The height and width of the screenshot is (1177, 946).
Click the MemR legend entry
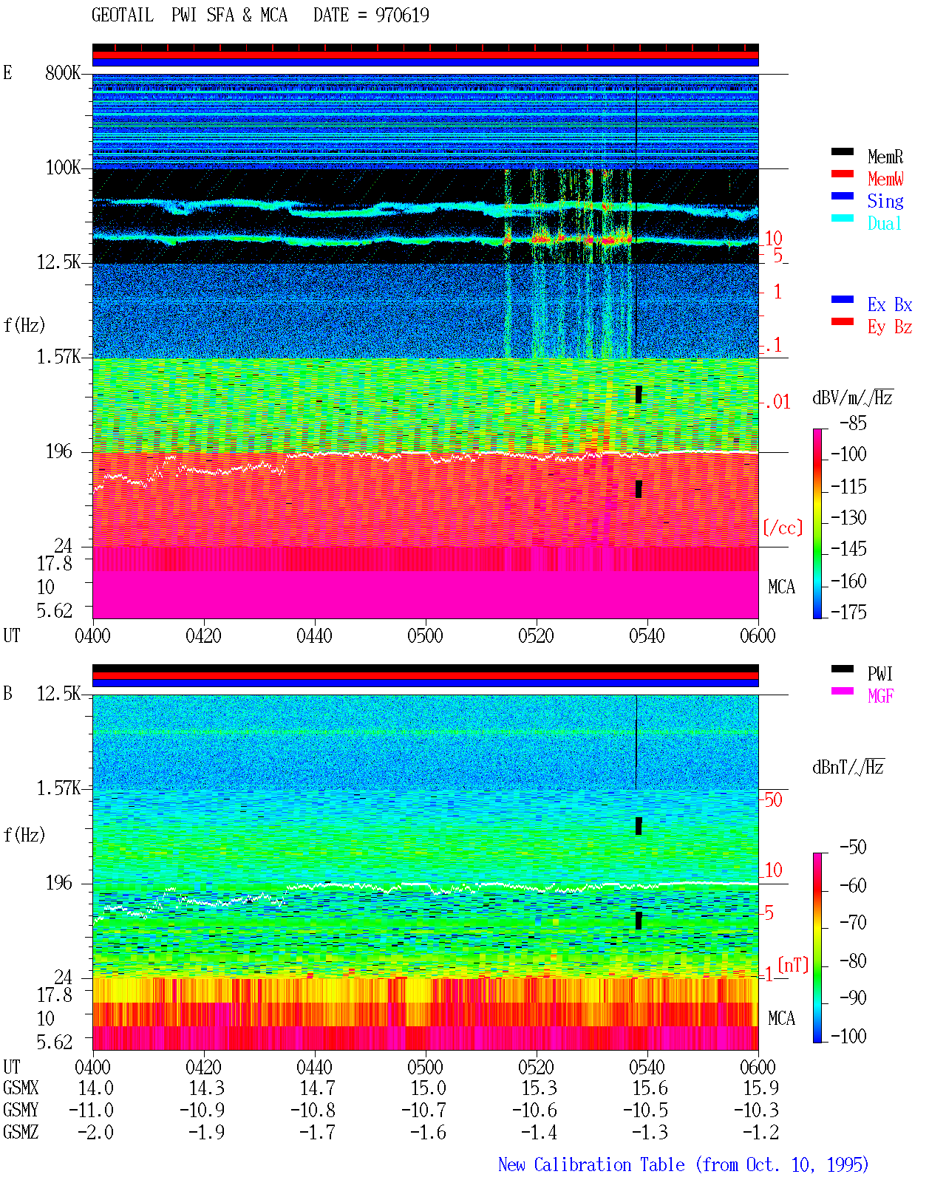coord(885,157)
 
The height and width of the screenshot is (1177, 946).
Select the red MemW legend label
coord(885,179)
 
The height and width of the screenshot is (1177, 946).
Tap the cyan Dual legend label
coord(884,223)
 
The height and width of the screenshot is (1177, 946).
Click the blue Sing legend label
coord(885,201)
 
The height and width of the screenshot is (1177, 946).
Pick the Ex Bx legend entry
coord(889,304)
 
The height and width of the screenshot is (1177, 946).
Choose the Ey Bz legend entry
coord(889,327)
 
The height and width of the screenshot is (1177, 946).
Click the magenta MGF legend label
coord(880,696)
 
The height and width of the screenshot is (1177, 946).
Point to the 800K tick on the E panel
coord(62,72)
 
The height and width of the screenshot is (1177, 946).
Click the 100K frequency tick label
coord(62,168)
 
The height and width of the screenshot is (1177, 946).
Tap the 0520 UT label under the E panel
coord(536,635)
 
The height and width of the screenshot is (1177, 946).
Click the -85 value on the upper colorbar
coord(853,423)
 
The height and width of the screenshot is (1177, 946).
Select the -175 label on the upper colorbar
coord(848,612)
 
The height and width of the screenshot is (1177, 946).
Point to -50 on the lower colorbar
coord(853,847)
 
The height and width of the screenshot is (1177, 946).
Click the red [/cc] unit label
coord(783,528)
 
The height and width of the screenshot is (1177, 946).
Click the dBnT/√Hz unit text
coord(848,767)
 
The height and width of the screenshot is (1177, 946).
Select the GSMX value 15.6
coord(650,1088)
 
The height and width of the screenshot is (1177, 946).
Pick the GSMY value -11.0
coord(91,1110)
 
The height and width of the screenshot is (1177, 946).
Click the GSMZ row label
coord(21,1132)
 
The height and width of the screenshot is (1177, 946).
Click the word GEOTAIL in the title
coord(123,15)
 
